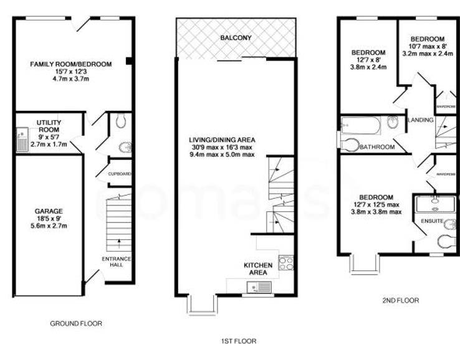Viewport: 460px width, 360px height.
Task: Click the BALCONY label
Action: click(236, 38)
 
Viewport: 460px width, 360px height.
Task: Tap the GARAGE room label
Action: click(48, 211)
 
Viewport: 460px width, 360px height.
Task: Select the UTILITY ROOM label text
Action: click(48, 127)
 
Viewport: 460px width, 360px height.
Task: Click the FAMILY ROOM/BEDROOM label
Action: click(72, 64)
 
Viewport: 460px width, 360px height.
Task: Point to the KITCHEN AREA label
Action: click(258, 268)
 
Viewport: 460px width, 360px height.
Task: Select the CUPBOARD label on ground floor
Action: click(120, 174)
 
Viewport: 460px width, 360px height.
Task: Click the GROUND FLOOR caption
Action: click(75, 323)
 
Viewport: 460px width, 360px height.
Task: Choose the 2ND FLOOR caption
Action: click(400, 300)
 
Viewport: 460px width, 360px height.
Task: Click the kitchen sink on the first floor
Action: click(258, 287)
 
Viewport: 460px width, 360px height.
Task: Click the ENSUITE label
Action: click(432, 221)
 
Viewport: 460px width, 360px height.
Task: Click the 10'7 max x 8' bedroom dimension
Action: click(427, 46)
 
